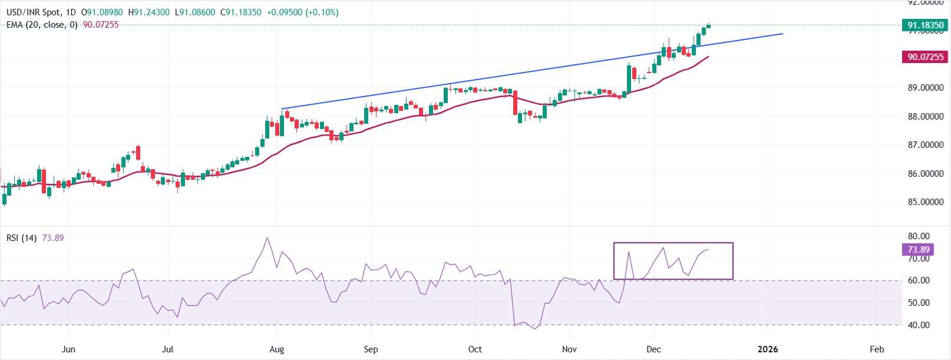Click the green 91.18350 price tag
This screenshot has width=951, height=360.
925,25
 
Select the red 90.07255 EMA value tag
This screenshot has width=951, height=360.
925,57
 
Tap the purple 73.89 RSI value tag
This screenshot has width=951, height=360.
919,250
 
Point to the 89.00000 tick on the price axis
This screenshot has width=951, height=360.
925,88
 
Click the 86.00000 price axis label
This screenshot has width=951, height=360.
925,174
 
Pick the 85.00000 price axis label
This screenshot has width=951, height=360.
925,202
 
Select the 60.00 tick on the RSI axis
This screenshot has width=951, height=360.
919,280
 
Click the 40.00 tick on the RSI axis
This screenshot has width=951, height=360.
919,325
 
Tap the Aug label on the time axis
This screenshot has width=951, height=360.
276,349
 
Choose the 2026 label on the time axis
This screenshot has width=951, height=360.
768,349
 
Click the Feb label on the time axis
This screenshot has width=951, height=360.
877,349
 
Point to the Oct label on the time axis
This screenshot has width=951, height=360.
475,349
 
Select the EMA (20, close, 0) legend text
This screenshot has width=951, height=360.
41,25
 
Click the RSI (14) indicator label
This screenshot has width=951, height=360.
21,238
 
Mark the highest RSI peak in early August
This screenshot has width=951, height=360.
268,238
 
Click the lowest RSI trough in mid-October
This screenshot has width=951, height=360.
535,328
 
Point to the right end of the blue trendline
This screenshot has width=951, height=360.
782,34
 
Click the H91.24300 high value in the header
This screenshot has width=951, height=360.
148,12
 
